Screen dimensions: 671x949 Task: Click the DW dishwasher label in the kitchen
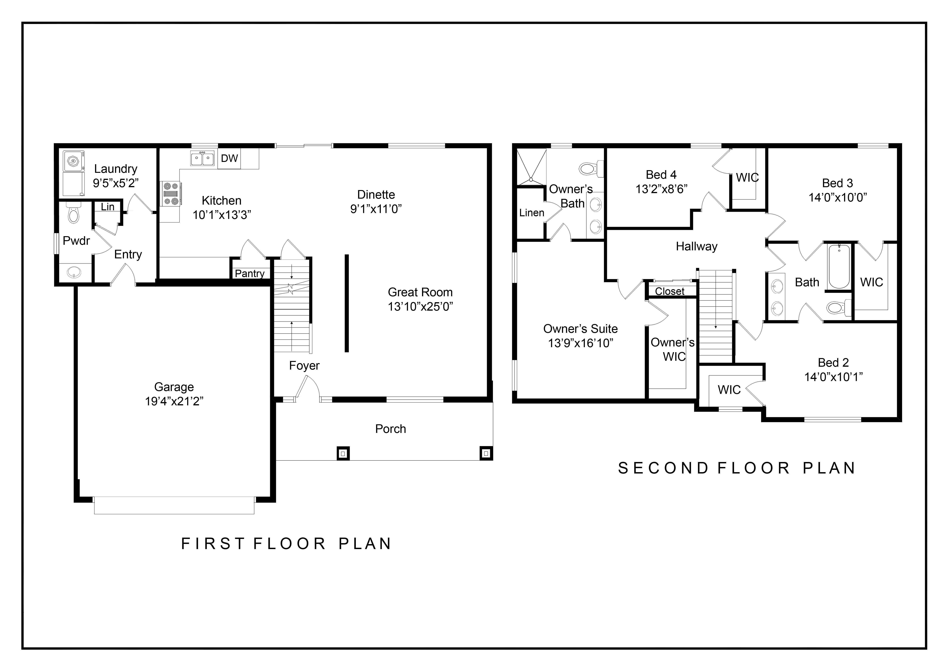pos(229,158)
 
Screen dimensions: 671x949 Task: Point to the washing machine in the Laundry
pos(74,161)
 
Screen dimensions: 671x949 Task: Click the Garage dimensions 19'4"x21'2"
pos(174,401)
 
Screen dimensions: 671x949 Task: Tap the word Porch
pos(390,429)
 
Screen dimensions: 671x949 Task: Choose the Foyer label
pos(304,366)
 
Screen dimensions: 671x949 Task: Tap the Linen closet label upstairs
pos(532,213)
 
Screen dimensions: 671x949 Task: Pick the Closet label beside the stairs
pos(670,291)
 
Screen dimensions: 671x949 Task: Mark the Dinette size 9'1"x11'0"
pos(376,209)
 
